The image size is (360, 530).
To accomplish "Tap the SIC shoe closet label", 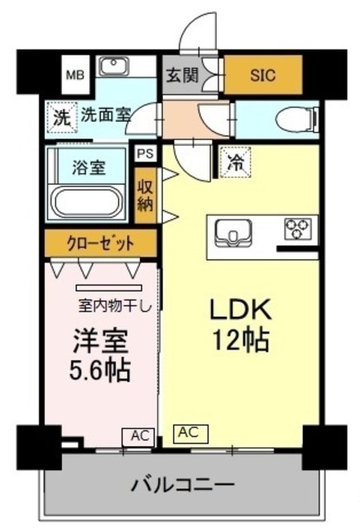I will (264, 75).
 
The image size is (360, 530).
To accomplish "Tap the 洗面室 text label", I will (105, 116).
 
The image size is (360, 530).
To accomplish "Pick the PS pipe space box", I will (145, 153).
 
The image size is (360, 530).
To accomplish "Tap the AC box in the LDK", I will (190, 432).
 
